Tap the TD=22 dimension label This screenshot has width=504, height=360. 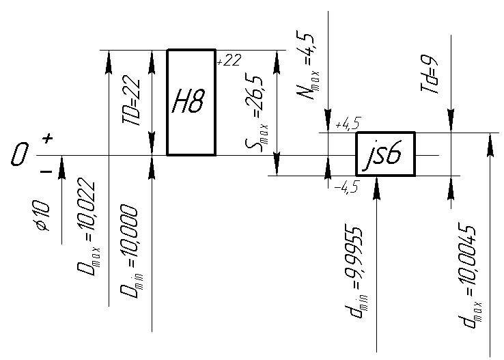click(131, 100)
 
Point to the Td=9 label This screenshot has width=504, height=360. click(430, 73)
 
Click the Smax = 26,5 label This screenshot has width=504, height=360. click(256, 112)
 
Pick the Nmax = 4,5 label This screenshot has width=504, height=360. click(308, 66)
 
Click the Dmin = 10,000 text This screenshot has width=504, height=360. click(131, 251)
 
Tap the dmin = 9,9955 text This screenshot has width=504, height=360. click(356, 273)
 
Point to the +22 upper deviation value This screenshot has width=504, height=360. click(229, 60)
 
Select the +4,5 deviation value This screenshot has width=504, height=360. click(348, 123)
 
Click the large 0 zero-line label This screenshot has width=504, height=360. click(19, 154)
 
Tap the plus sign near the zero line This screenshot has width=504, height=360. click(48, 139)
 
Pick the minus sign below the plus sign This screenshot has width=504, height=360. click(46, 171)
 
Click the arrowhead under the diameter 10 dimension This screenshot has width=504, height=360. click(61, 167)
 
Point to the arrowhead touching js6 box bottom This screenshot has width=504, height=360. click(377, 188)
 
